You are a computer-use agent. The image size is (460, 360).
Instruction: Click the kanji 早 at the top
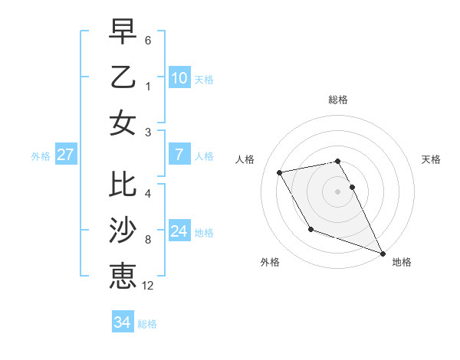pos(123,32)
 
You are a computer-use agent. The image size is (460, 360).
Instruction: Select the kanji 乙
pos(123,77)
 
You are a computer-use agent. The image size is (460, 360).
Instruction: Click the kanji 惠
pos(123,276)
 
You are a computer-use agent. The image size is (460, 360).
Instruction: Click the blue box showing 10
pos(179,77)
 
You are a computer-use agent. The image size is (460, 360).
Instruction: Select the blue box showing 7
pos(179,155)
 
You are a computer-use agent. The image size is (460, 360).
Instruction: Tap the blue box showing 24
pos(179,231)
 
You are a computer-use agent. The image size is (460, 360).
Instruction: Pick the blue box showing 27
pos(66,155)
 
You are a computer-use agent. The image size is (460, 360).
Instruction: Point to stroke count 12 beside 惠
pos(148,286)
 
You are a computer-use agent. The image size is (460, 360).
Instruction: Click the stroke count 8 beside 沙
pos(148,240)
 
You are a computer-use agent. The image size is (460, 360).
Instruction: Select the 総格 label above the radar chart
pos(338,100)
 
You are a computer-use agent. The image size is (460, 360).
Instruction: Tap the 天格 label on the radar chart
pos(432,159)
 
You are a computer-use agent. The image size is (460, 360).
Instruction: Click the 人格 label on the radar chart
pos(245,159)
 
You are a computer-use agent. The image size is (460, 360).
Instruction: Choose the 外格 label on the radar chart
pos(270,262)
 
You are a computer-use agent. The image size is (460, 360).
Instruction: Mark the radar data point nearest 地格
pos(383,253)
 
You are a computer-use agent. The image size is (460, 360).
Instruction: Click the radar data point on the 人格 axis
pos(280,173)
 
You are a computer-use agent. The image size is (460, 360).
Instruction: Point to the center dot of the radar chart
pos(338,191)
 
